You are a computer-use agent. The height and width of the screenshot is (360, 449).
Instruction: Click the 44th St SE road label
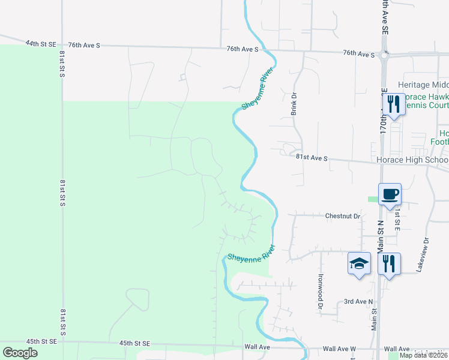[x=40, y=44]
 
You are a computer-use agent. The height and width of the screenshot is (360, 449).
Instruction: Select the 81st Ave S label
[x=312, y=158]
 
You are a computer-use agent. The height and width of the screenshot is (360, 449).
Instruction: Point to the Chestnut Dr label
[x=342, y=215]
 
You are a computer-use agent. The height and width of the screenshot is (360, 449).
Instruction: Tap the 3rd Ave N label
[x=358, y=301]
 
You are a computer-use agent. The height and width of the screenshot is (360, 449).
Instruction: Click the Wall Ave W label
[x=339, y=349]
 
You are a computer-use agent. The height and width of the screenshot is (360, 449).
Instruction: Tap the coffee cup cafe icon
[x=390, y=194]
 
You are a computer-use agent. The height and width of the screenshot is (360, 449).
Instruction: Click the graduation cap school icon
[x=359, y=263]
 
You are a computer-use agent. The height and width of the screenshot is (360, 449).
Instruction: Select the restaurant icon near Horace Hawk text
[x=393, y=104]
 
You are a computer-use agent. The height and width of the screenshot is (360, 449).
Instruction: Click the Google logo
[x=20, y=352]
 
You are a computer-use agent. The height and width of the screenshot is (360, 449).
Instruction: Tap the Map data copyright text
[x=423, y=355]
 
